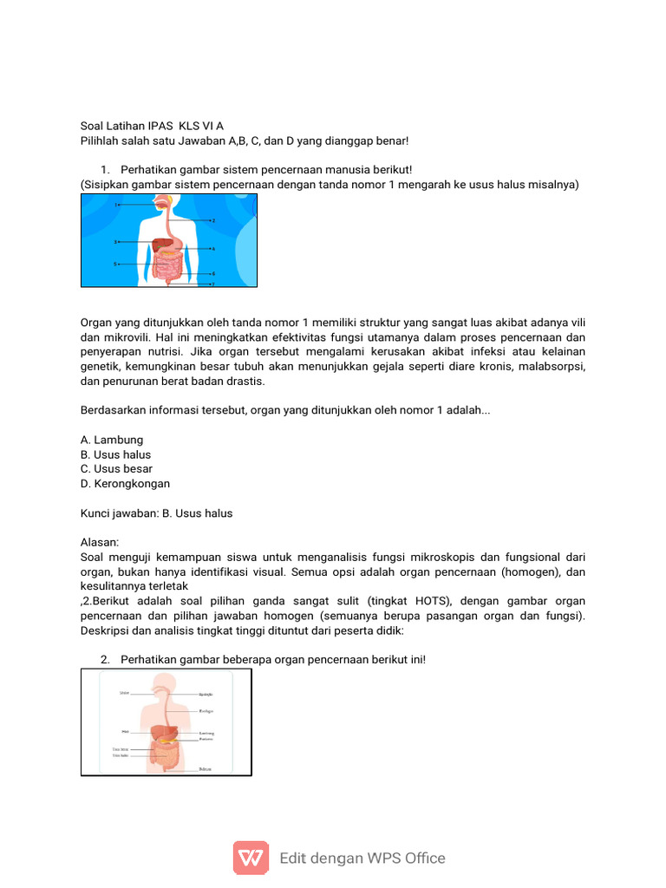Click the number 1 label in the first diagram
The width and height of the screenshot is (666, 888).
[x=115, y=205]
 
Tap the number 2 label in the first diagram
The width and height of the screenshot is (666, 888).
[x=212, y=221]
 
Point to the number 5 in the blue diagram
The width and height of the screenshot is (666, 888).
[x=115, y=263]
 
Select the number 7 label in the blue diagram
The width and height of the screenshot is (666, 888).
[x=212, y=284]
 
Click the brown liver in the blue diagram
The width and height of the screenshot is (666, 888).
[x=159, y=245]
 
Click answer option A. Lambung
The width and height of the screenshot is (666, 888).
[x=112, y=440]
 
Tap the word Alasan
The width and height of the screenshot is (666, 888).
[x=99, y=543]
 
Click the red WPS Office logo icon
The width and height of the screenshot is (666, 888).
[x=251, y=858]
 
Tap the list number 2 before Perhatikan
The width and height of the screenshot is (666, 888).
[x=105, y=660]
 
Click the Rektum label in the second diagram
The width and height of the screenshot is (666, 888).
[x=205, y=768]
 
